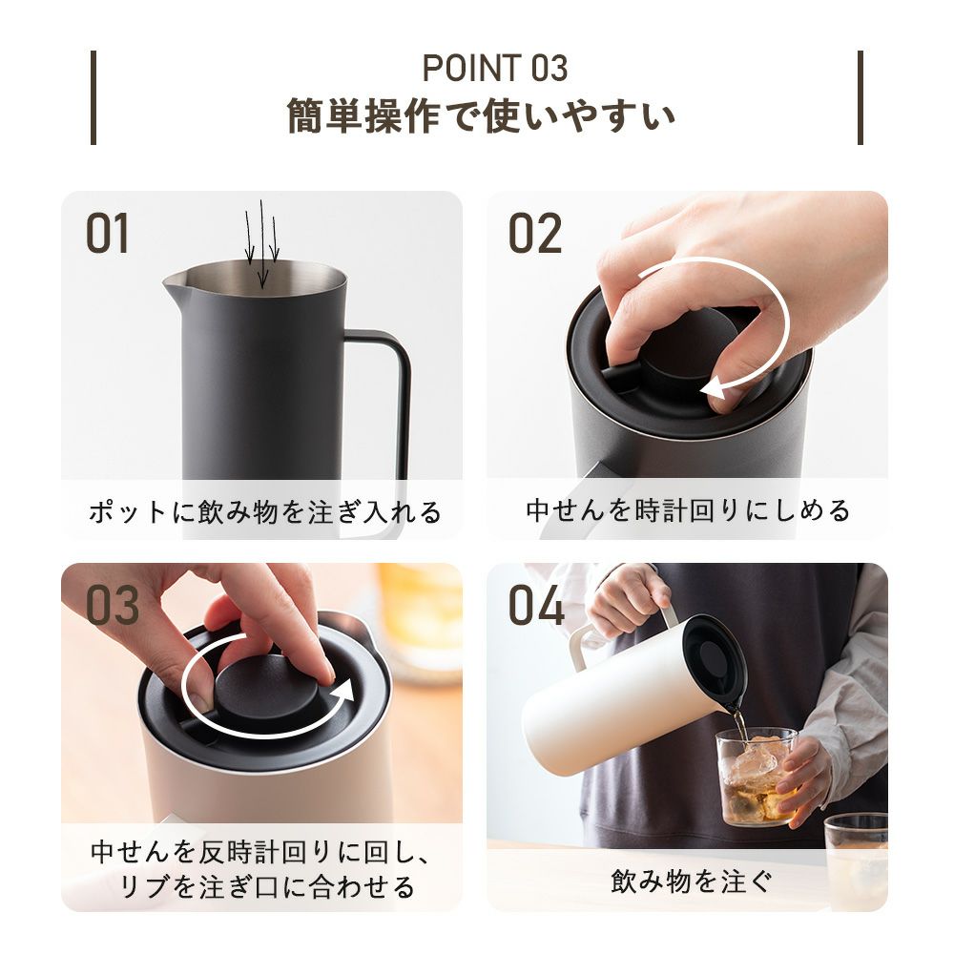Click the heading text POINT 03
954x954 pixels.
click(494, 68)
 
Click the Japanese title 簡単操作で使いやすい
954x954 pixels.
click(481, 115)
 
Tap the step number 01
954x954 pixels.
click(108, 234)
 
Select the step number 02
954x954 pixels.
click(535, 234)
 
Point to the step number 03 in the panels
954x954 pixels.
click(112, 606)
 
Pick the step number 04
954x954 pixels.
click(536, 606)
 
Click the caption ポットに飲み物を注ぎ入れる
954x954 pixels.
click(264, 511)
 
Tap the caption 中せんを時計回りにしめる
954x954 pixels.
click(688, 510)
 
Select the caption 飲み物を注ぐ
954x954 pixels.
click(692, 881)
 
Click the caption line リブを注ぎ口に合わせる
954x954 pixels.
click(266, 886)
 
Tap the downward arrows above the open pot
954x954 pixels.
click(261, 243)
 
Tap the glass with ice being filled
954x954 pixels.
click(756, 777)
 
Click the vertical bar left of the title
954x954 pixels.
click(93, 97)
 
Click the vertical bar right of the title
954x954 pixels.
click(861, 97)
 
